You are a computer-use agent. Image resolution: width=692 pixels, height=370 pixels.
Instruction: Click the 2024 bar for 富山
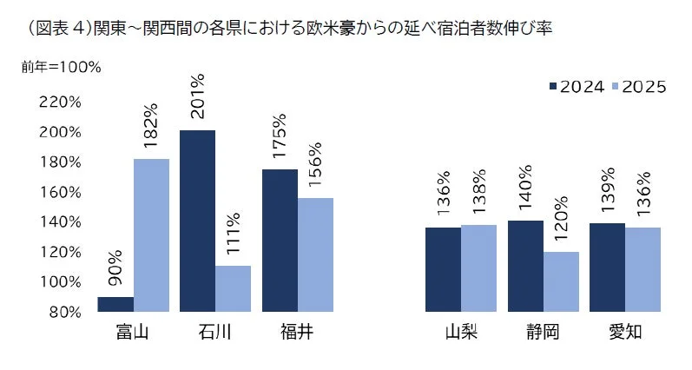coord(115,304)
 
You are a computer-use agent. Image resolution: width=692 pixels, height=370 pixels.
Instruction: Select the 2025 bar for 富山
coord(150,235)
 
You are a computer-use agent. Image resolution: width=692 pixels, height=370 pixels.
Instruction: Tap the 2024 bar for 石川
coord(197,221)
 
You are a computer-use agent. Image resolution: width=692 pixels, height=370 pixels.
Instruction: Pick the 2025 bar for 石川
coord(233,288)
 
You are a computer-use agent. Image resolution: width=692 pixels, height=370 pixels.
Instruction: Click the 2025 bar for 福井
coord(315,254)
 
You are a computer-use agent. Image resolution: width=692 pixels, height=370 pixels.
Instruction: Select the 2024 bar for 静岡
coord(525,266)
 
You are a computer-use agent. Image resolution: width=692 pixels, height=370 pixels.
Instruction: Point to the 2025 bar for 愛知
coord(642,269)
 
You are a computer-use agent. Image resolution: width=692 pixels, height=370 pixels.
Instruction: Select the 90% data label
coord(115,270)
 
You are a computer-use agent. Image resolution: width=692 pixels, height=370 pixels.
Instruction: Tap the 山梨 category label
coord(460,333)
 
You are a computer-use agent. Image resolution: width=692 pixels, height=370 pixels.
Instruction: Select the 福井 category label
coord(297,333)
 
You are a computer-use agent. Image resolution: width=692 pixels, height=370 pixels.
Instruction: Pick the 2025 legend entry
coord(637,85)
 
